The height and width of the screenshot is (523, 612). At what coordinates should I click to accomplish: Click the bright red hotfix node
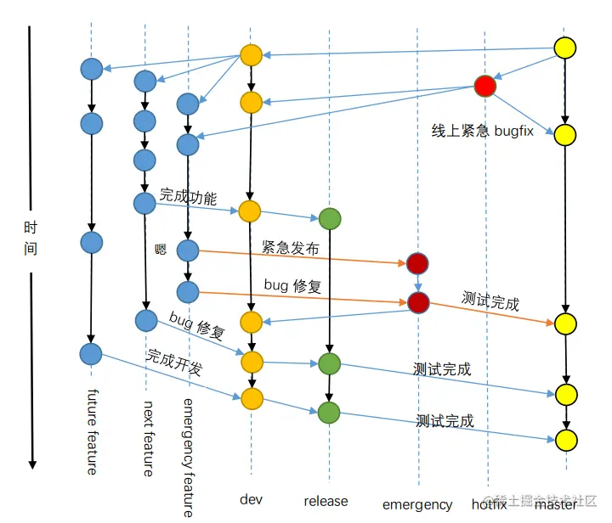click(x=484, y=86)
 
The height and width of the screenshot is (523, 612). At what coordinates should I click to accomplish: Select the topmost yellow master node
click(x=565, y=48)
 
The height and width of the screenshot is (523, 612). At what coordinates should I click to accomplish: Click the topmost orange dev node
click(x=251, y=55)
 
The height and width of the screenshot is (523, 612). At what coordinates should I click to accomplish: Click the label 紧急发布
click(x=292, y=248)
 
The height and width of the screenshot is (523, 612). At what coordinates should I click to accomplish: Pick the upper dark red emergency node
click(x=417, y=262)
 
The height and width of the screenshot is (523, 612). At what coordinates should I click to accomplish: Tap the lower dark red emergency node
click(x=417, y=301)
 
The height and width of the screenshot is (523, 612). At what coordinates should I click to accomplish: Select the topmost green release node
click(x=330, y=219)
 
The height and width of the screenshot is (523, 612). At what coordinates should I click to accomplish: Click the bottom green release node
click(x=330, y=413)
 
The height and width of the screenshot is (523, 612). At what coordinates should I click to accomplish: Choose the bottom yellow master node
click(x=566, y=440)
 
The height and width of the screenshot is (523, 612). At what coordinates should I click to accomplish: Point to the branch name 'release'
click(x=326, y=501)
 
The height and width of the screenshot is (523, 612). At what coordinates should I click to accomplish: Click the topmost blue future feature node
click(x=92, y=68)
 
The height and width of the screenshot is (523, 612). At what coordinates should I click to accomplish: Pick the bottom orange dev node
click(x=251, y=398)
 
